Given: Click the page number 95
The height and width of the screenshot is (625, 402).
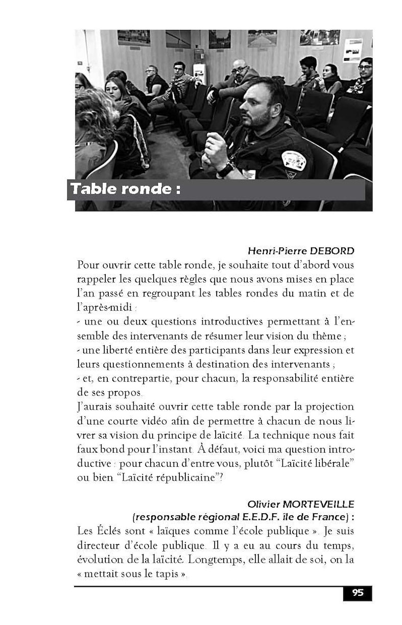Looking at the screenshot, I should pyautogui.click(x=357, y=593).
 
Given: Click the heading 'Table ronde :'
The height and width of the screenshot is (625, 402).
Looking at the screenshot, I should pyautogui.click(x=125, y=189).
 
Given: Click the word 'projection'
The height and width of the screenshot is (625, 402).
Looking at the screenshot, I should pyautogui.click(x=327, y=407).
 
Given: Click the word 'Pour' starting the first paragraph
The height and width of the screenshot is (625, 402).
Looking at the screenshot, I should pyautogui.click(x=88, y=266).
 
